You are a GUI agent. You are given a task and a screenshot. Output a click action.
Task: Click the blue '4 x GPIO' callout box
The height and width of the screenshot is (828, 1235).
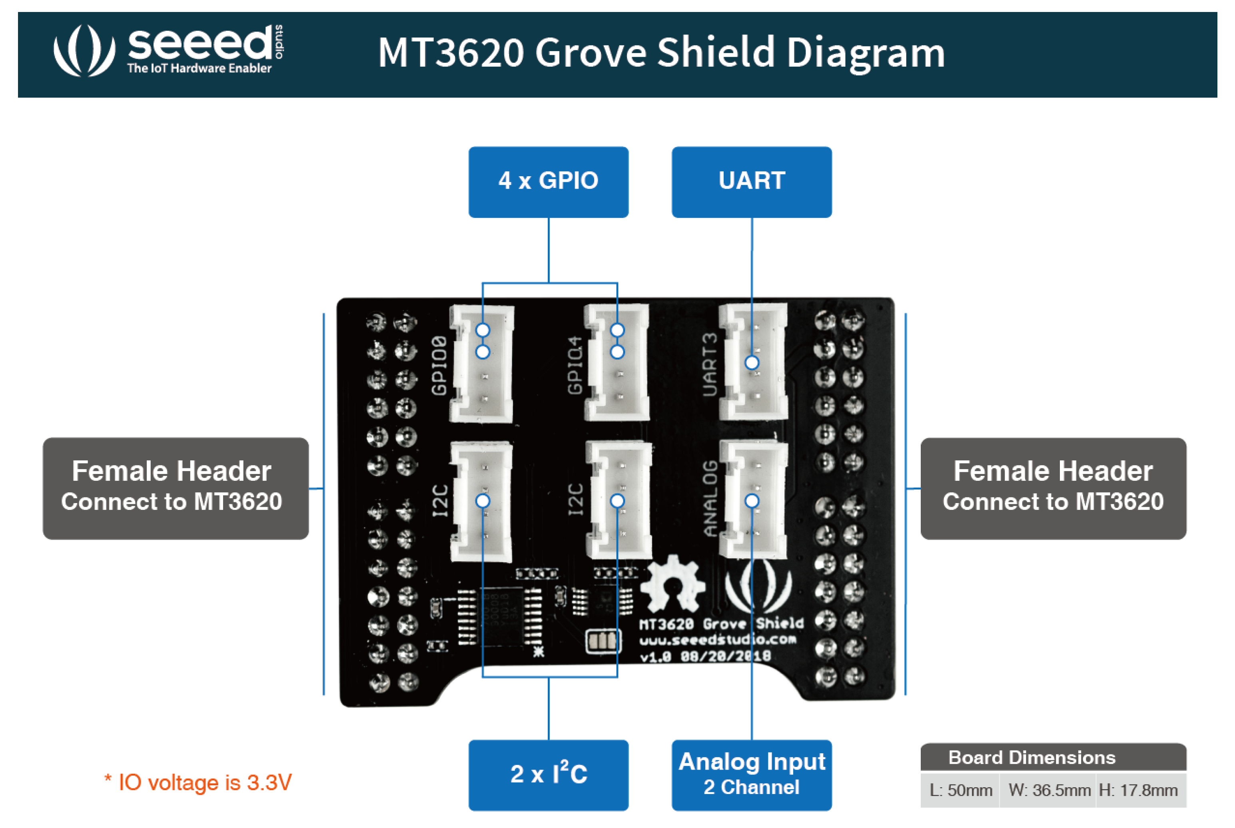coord(548,182)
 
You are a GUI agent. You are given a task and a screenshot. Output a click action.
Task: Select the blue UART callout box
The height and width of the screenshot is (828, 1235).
coord(751,182)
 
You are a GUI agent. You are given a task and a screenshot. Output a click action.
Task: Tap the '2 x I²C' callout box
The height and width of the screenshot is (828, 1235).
coord(548,774)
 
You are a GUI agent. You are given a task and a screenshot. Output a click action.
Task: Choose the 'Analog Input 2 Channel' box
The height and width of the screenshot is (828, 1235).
coord(751,774)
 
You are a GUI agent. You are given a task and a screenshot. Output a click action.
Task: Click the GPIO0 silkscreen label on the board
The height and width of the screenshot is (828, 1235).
coord(439,365)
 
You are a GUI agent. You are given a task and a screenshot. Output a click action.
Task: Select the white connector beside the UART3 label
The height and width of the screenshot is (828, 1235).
coord(753,362)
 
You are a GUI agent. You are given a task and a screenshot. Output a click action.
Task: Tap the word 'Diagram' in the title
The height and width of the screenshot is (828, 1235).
coord(865,53)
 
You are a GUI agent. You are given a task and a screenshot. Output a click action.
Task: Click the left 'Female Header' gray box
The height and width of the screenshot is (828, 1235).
coord(176,488)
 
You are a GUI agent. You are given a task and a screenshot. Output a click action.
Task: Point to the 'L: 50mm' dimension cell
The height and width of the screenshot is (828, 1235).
coord(960,790)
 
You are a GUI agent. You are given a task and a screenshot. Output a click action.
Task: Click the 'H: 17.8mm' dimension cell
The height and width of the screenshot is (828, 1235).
coord(1139,790)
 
